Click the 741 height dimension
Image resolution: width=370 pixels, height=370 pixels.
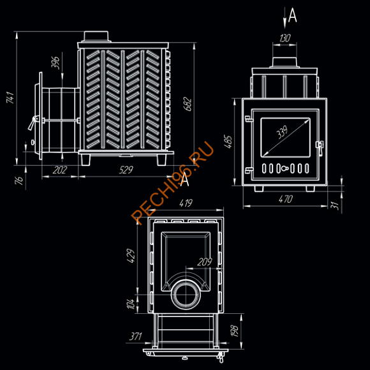[10, 98]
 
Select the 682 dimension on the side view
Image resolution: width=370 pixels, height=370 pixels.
[187, 104]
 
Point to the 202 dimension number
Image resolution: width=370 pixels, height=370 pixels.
[59, 170]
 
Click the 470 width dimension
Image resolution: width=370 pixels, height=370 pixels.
[285, 200]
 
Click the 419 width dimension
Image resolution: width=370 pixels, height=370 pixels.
[186, 204]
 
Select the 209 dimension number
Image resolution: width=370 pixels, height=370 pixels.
[204, 262]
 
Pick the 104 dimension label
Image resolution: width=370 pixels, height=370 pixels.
[132, 303]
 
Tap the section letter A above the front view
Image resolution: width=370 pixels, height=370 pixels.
[292, 14]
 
